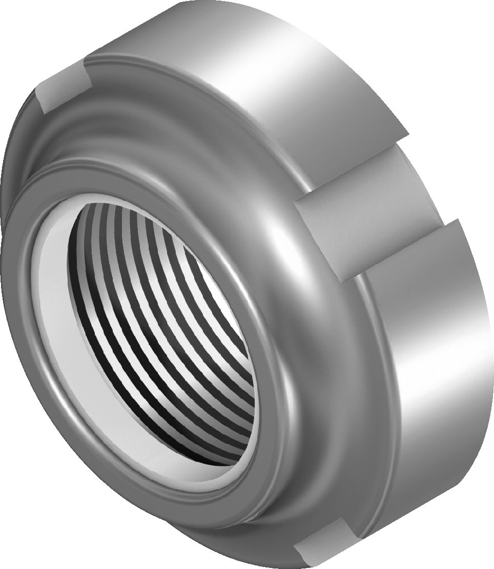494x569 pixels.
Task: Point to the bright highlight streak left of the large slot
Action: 277,246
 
